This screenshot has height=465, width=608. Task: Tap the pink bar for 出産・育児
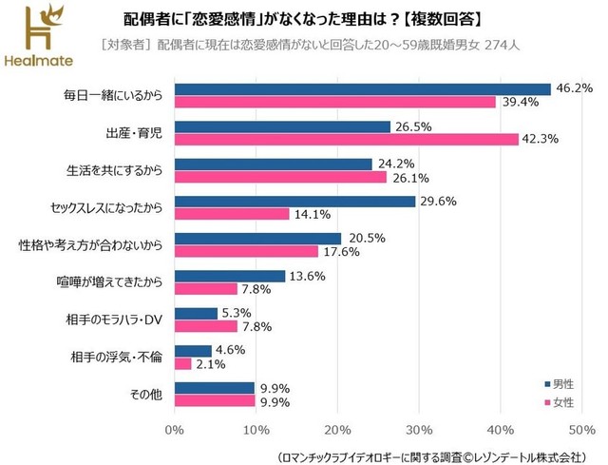coord(347,139)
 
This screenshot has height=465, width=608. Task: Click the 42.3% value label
coord(540,140)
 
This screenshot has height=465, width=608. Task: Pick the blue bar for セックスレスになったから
coord(295,201)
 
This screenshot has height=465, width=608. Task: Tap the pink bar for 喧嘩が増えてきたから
coord(206,288)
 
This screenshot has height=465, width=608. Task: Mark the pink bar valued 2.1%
coord(183,363)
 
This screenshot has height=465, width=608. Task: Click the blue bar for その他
coord(215,387)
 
